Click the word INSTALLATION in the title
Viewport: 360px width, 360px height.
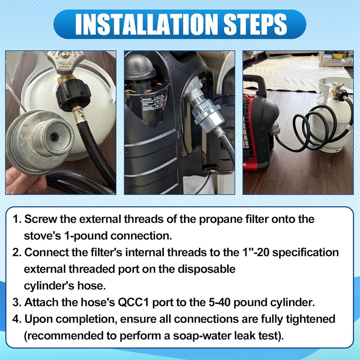pyautogui.click(x=146, y=24)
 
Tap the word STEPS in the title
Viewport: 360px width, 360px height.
pyautogui.click(x=255, y=24)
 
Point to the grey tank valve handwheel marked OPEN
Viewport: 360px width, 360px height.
pyautogui.click(x=66, y=60)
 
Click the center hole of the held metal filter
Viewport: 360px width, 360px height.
pyautogui.click(x=54, y=137)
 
